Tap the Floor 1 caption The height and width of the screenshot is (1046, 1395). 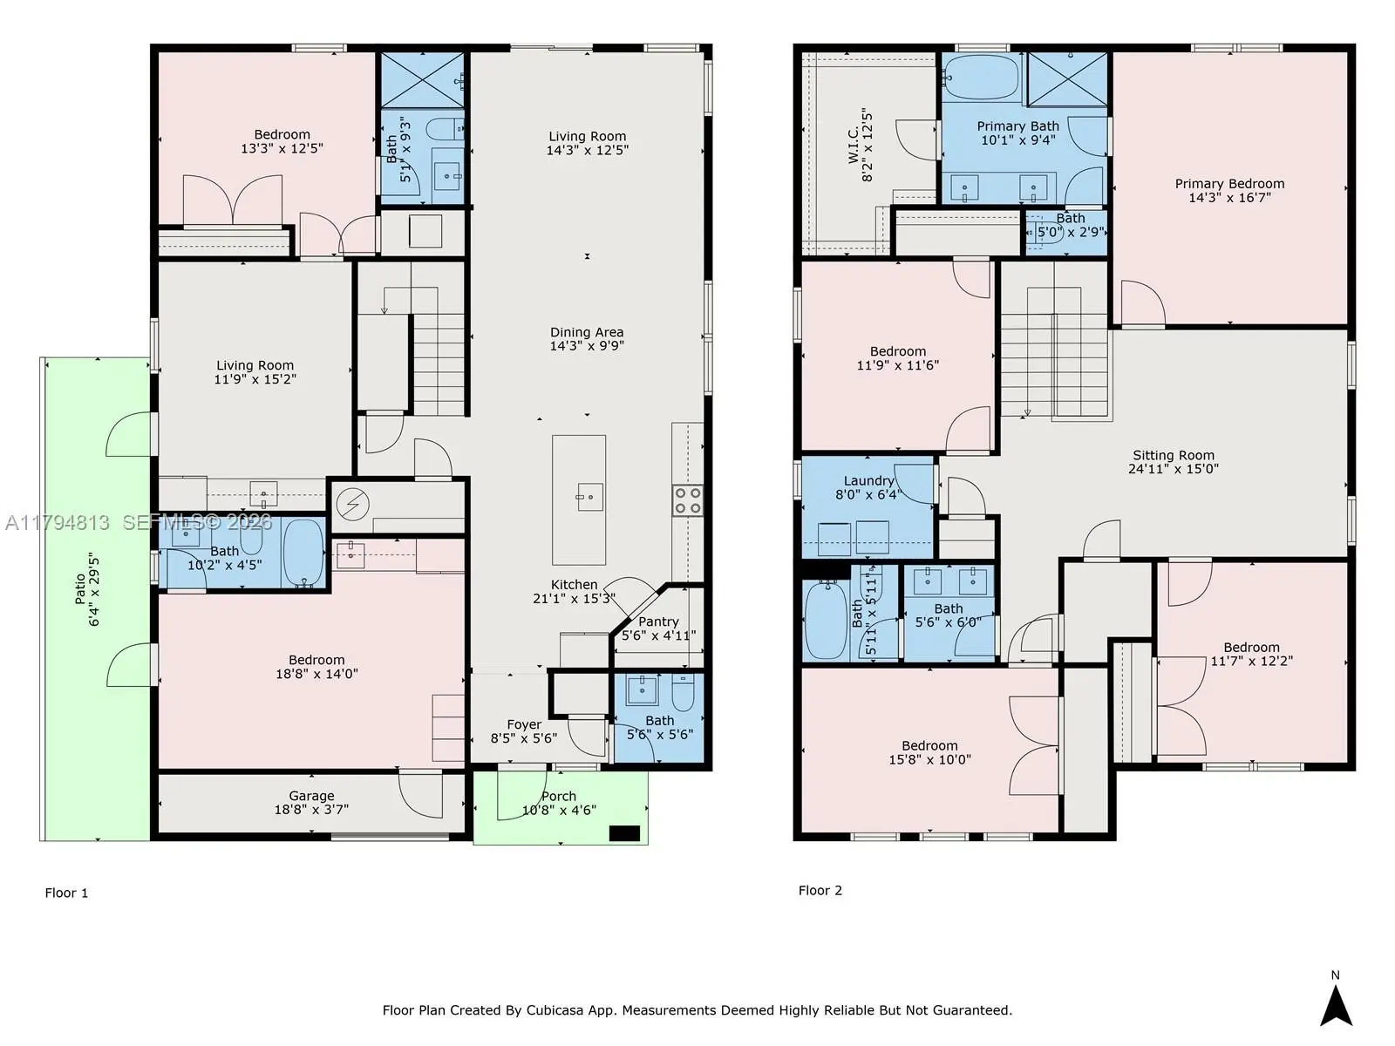click(x=66, y=893)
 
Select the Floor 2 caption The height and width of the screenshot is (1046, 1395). click(x=820, y=890)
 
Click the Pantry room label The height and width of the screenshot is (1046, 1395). click(x=658, y=621)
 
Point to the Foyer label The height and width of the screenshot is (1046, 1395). click(x=524, y=724)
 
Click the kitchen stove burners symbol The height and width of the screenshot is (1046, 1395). click(x=688, y=499)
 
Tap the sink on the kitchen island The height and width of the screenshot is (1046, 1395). click(x=589, y=497)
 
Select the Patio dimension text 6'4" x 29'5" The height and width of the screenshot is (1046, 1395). click(x=95, y=589)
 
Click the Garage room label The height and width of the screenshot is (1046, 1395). click(x=311, y=796)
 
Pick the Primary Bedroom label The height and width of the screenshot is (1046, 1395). click(x=1229, y=184)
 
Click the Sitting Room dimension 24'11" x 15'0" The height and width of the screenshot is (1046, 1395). click(x=1174, y=469)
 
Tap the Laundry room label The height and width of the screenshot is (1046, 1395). click(x=868, y=481)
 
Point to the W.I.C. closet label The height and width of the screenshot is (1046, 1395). click(x=853, y=145)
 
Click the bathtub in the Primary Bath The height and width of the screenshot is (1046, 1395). click(x=981, y=78)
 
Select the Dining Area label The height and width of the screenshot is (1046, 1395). click(x=587, y=332)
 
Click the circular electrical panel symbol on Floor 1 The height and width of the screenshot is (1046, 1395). click(x=353, y=505)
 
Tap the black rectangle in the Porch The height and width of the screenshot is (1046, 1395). click(x=624, y=833)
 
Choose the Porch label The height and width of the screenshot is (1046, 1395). click(x=559, y=797)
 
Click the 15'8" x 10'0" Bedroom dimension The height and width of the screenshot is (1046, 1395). click(x=929, y=759)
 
